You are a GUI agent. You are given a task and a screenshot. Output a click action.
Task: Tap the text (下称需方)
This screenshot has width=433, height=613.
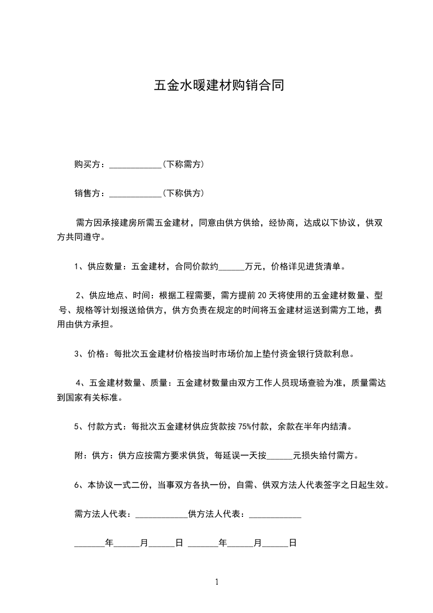183,164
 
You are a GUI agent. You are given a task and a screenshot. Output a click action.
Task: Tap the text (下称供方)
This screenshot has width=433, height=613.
183,193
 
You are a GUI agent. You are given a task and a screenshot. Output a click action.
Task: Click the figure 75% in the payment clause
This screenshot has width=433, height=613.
245,427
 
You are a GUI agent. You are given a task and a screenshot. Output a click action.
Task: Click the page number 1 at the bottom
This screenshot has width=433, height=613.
217,582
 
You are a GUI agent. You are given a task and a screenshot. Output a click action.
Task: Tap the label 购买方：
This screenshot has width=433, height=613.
91,164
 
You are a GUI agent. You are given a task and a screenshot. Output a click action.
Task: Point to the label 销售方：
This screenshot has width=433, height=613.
91,193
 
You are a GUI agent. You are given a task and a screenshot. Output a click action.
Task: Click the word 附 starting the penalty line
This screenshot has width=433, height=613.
78,456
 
